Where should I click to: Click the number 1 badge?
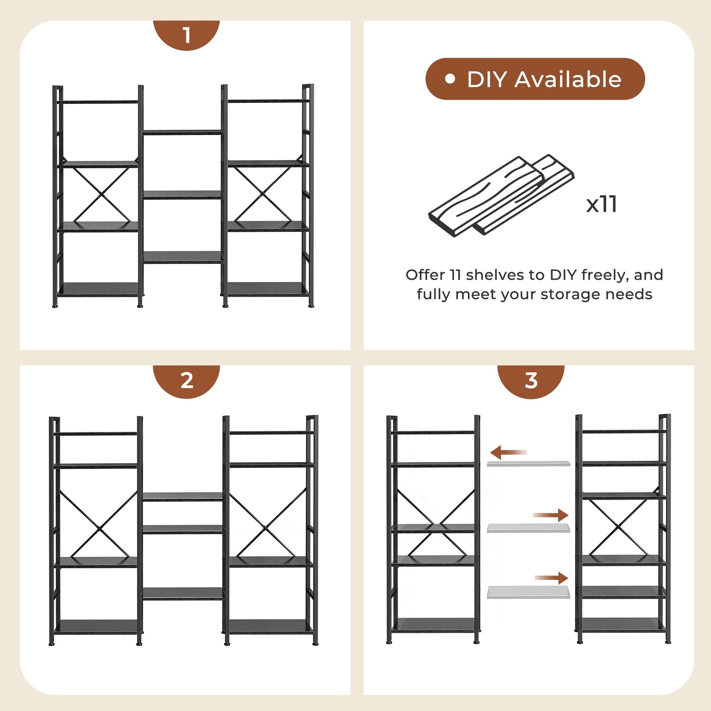pyautogui.click(x=186, y=35)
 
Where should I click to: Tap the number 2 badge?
pyautogui.click(x=186, y=380)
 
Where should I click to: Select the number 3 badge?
pyautogui.click(x=531, y=380)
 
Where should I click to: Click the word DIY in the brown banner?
pyautogui.click(x=487, y=79)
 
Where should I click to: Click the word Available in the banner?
pyautogui.click(x=568, y=79)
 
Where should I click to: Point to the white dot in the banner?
pyautogui.click(x=450, y=79)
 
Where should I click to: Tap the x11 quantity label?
pyautogui.click(x=602, y=204)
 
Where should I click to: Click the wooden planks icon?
pyautogui.click(x=501, y=195)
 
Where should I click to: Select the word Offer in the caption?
pyautogui.click(x=425, y=275)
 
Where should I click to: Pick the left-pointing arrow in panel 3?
pyautogui.click(x=509, y=452)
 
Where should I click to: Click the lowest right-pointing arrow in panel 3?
pyautogui.click(x=551, y=578)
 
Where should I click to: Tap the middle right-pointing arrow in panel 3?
pyautogui.click(x=550, y=515)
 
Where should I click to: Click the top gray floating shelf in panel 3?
pyautogui.click(x=529, y=463)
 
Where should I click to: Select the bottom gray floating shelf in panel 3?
pyautogui.click(x=529, y=592)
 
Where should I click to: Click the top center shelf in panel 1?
pyautogui.click(x=182, y=132)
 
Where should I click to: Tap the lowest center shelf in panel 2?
pyautogui.click(x=182, y=593)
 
